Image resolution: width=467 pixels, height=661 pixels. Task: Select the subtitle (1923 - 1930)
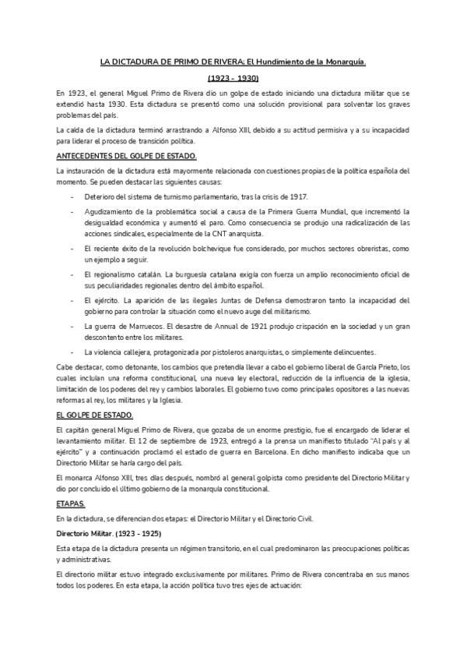pyautogui.click(x=233, y=79)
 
